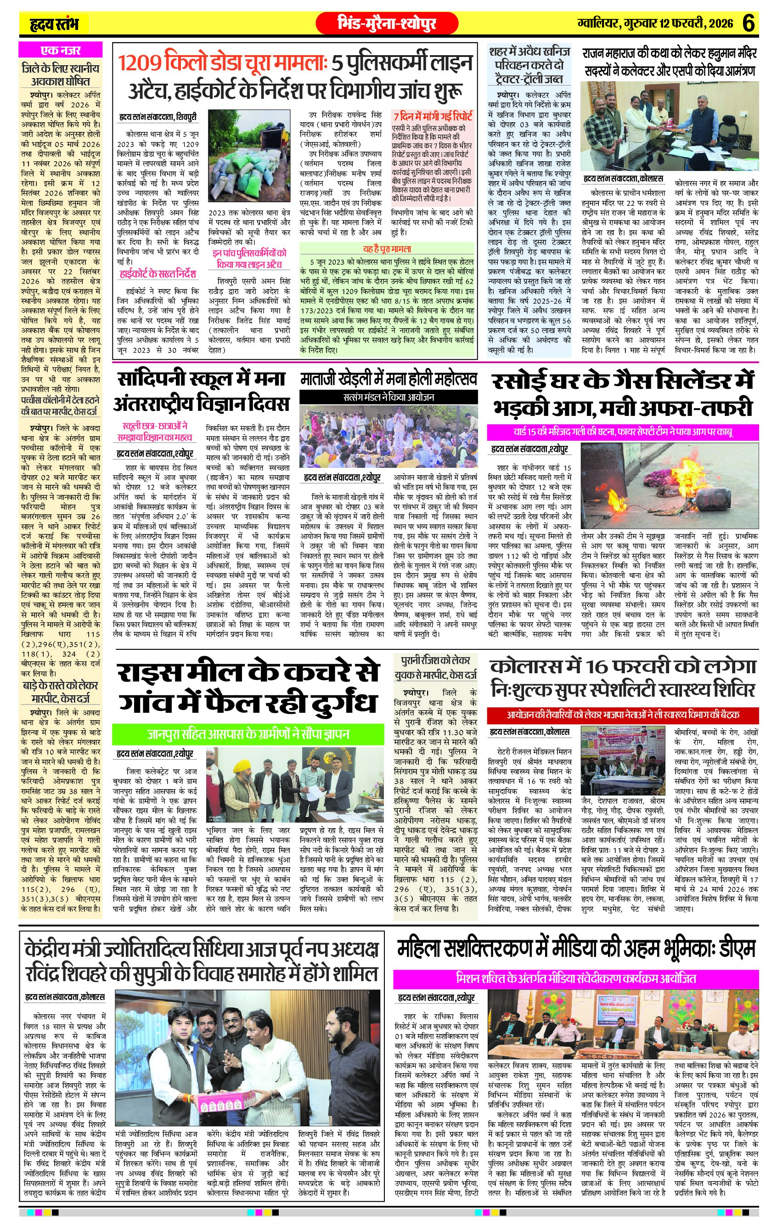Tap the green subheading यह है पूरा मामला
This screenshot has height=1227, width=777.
pos(387,249)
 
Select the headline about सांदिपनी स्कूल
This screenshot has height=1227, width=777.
pos(202,392)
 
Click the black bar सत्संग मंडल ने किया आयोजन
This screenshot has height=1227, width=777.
pos(388,397)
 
